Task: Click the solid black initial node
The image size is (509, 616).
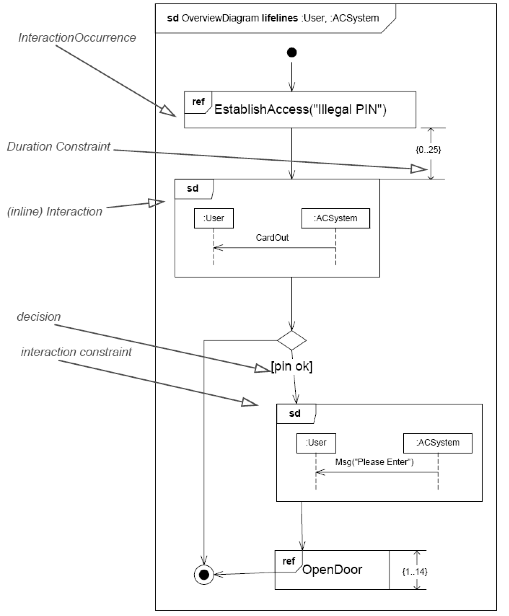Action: point(292,53)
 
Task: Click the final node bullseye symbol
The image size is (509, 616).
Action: point(204,574)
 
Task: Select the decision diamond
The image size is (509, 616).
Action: point(292,340)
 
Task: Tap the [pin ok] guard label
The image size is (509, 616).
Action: point(292,366)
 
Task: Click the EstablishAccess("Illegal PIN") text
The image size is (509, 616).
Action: point(300,109)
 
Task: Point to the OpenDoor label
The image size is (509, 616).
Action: point(332,570)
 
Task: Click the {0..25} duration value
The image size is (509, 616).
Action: point(428,150)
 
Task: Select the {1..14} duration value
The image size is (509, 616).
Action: point(415,571)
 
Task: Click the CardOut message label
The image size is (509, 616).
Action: point(272,237)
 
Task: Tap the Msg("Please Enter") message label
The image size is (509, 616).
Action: point(374,462)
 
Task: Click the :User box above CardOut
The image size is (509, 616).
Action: point(214,218)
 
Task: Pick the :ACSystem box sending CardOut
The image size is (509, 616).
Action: point(336,218)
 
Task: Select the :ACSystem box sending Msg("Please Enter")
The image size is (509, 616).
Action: point(438,443)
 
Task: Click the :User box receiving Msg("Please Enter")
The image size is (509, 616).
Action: point(316,443)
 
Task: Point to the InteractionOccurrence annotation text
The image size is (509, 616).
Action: point(77,38)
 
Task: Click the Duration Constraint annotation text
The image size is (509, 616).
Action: point(59,146)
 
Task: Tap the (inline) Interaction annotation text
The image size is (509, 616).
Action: point(55,211)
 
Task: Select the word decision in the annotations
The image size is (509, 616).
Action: point(39,316)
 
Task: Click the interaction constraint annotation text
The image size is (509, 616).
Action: point(76,352)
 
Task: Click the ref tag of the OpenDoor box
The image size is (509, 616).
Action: point(288,561)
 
